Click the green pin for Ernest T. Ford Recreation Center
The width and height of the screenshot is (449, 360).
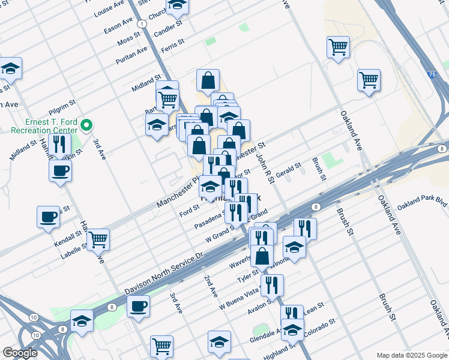point(86,125)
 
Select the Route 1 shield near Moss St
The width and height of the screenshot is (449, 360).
point(142,23)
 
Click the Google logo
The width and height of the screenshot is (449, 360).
point(20,353)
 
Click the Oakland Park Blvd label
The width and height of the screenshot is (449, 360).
point(422,203)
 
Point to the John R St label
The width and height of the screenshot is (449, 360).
point(264,167)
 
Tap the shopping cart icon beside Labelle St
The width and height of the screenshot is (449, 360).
point(98,239)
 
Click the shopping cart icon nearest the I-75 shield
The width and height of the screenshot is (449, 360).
point(369,80)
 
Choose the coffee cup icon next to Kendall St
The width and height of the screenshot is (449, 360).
point(48,217)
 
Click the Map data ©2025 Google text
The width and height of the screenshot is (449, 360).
point(412,355)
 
